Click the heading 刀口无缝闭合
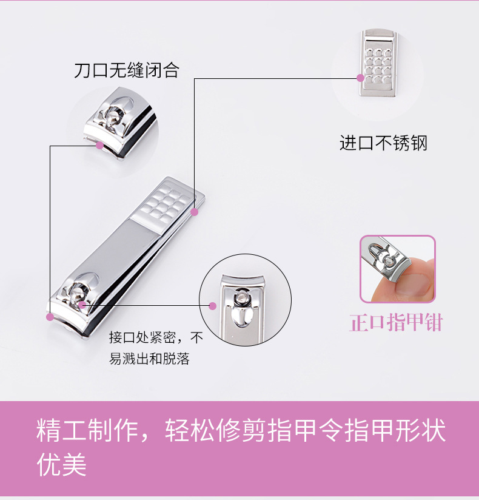[127, 70]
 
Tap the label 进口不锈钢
[383, 143]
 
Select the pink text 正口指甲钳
[396, 323]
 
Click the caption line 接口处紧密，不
[156, 337]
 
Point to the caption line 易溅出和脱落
[149, 359]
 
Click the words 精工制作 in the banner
[87, 430]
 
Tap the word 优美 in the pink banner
[61, 464]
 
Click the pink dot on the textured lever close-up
[360, 78]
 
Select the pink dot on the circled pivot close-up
[213, 306]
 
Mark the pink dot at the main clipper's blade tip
[50, 317]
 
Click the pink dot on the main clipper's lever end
[195, 212]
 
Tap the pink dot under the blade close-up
[100, 146]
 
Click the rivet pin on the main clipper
[76, 294]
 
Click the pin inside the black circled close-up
[241, 298]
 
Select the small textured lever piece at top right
[378, 63]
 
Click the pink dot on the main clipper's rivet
[82, 305]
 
